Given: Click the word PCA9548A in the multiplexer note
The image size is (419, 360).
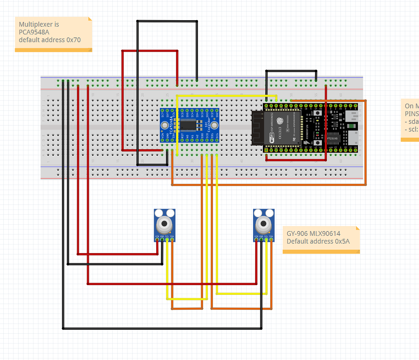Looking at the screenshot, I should coord(34,32).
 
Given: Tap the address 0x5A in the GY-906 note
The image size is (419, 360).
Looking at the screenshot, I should coord(342,241).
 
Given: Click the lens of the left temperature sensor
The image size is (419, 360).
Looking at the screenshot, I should coord(165,224).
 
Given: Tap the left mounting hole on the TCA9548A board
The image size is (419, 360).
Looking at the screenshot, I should coord(165,125).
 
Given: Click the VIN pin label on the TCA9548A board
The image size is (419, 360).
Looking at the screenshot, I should coord(163,136).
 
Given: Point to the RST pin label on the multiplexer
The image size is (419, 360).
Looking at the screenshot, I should coord(183,136).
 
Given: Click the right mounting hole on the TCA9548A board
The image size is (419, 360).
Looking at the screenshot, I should coord(215,125).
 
